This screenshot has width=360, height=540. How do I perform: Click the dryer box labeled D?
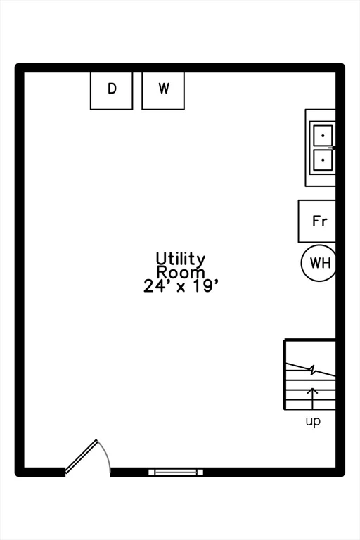(x=111, y=91)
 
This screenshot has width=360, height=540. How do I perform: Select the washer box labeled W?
(x=163, y=91)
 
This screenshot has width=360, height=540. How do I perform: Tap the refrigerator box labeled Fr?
(x=316, y=221)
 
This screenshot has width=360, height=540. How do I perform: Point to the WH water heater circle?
(x=319, y=263)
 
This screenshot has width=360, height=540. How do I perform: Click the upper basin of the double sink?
(x=323, y=135)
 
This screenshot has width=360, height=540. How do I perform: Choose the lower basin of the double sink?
(x=323, y=160)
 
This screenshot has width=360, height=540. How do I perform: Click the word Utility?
(x=181, y=259)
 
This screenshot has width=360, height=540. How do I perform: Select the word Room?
(x=181, y=272)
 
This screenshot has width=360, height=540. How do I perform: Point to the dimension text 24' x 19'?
(x=181, y=286)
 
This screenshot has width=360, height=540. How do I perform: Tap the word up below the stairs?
(x=313, y=421)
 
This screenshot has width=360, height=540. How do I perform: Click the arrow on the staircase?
(x=312, y=398)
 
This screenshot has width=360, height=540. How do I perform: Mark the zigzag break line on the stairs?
(x=311, y=370)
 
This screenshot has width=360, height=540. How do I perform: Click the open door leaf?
(x=82, y=456)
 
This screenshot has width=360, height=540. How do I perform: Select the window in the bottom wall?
(x=176, y=472)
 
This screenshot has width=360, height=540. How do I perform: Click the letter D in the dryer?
(x=112, y=89)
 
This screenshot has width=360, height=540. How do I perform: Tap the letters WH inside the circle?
(x=321, y=263)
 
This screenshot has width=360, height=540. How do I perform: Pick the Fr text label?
(x=320, y=221)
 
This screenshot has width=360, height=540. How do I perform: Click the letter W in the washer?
(x=164, y=89)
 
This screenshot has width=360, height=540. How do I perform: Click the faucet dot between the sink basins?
(x=334, y=148)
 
